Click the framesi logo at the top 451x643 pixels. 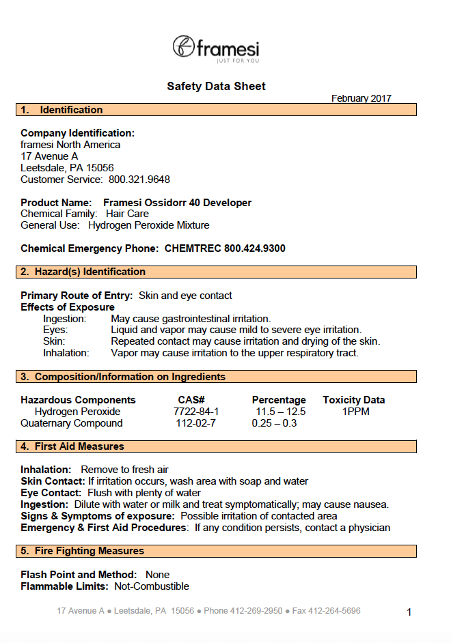click(x=216, y=48)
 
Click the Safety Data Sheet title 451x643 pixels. click(x=216, y=87)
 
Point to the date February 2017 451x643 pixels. click(x=361, y=98)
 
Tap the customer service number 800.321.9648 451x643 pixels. click(x=139, y=180)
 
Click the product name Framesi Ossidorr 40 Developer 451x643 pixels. click(x=177, y=203)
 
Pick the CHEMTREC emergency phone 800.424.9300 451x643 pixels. click(x=225, y=248)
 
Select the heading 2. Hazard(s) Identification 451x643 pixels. click(x=83, y=272)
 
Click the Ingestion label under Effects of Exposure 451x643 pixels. click(x=64, y=319)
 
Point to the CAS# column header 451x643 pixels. click(x=191, y=400)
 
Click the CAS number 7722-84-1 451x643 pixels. click(x=196, y=412)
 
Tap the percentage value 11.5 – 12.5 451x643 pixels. click(x=280, y=412)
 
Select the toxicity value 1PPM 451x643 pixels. click(x=354, y=412)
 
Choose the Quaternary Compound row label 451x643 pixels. click(x=72, y=423)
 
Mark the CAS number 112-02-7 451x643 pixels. click(x=196, y=423)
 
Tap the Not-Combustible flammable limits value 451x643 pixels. click(x=152, y=586)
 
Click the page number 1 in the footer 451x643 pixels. click(x=409, y=612)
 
